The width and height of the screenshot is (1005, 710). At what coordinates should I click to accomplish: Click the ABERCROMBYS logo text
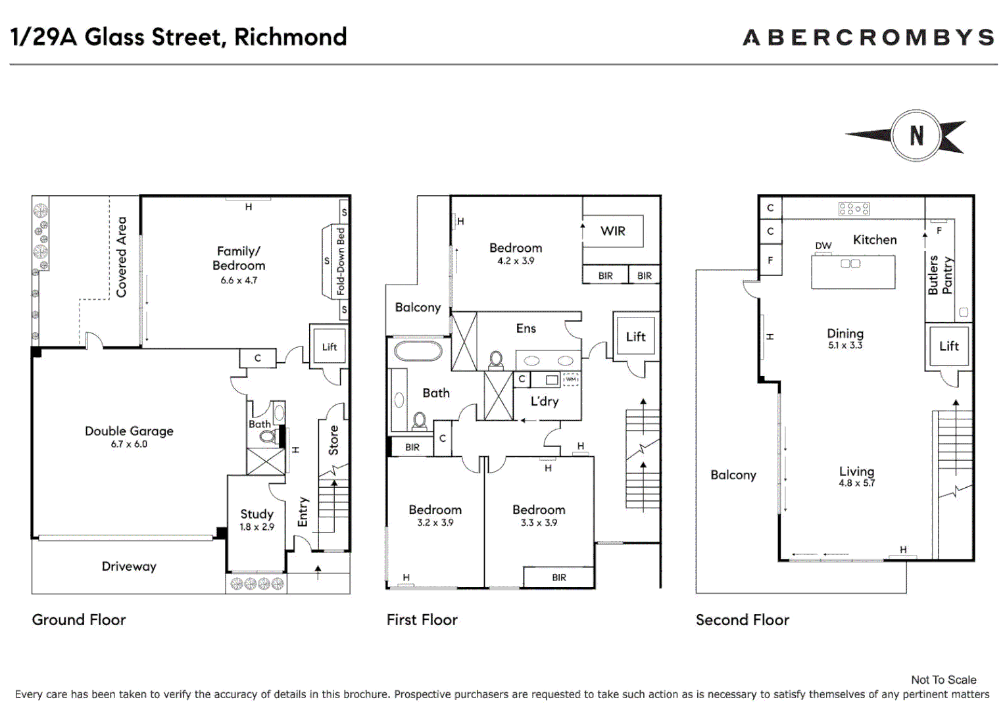pos(869,37)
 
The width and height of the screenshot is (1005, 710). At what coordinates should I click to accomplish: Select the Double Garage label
pos(129,431)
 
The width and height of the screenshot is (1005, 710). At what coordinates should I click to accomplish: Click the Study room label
pos(257,514)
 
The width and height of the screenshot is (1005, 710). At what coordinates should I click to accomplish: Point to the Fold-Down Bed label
pos(341,262)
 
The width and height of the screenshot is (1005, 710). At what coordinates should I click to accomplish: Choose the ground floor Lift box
pos(330,346)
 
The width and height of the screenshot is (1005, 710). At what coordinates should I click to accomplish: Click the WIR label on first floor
pos(613,231)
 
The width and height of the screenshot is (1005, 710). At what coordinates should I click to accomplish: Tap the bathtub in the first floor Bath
pos(418,351)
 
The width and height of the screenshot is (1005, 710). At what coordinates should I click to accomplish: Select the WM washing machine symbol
pos(571,379)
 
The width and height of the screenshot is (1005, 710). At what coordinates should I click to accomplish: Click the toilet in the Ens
pos(496,361)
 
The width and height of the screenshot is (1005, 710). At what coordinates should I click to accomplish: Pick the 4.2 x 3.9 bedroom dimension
pos(516,261)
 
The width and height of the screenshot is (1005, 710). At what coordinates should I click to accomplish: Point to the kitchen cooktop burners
pos(854,208)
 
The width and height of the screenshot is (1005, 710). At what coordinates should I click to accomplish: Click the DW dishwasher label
pos(823,246)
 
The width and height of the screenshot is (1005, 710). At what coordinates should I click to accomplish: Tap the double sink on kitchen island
pos(850,263)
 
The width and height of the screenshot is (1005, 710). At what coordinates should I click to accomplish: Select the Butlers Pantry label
pos(940,275)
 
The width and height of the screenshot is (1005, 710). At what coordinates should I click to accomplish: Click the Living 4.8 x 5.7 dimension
pos(857,483)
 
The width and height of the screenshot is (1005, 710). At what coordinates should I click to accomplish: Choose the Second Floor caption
pos(743,620)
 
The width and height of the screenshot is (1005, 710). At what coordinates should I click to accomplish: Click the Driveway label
pos(129,567)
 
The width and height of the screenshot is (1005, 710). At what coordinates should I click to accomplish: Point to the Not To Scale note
pos(944,680)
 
